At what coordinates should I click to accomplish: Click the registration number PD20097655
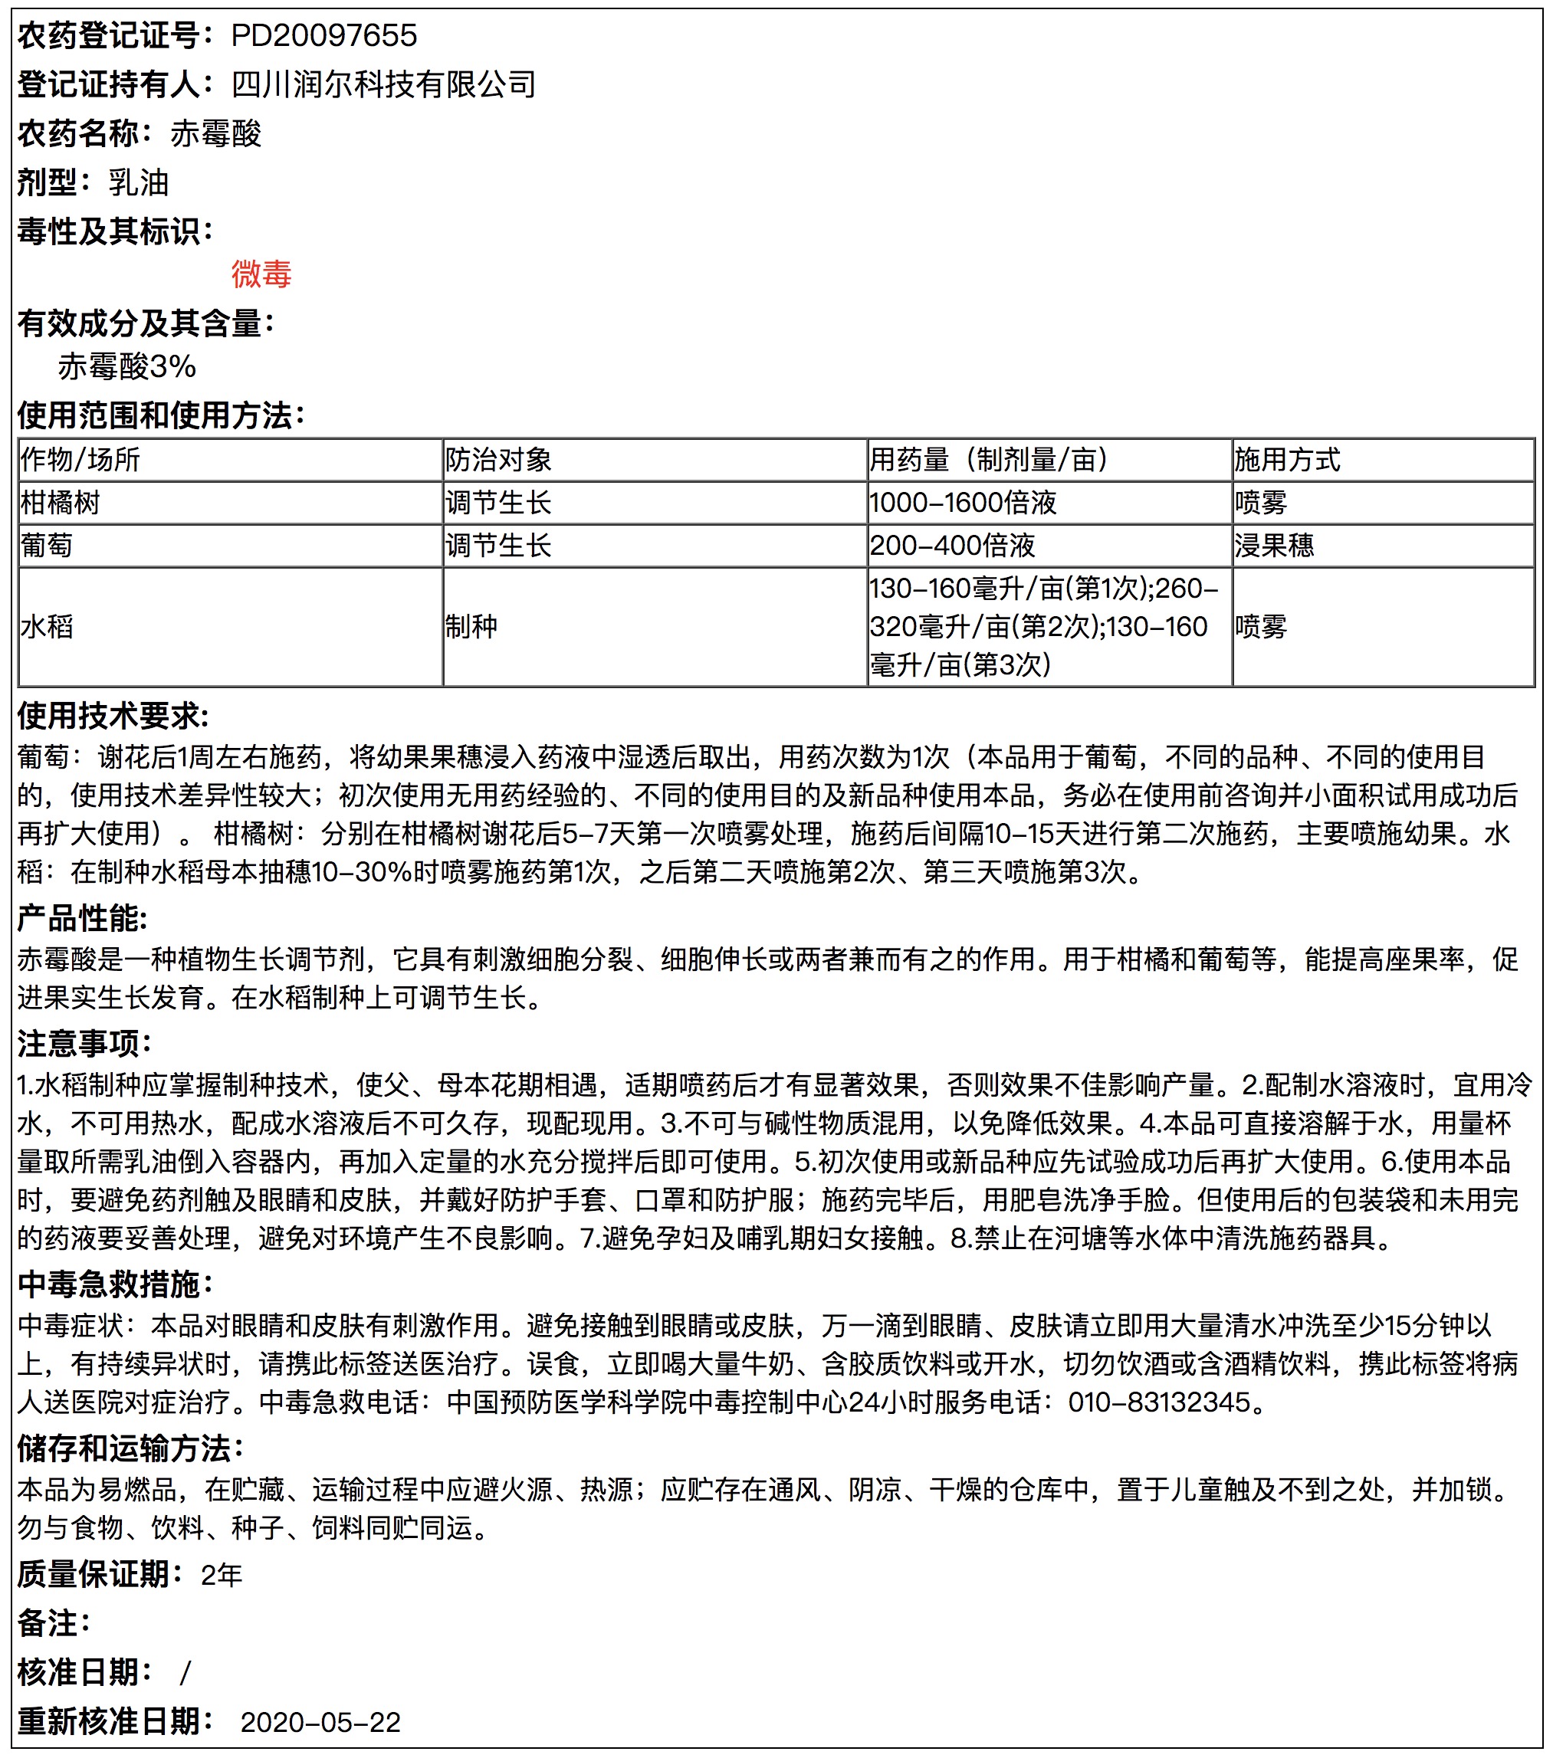pos(323,35)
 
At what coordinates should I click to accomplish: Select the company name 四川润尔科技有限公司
pos(384,84)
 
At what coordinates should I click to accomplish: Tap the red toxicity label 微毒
pos(261,274)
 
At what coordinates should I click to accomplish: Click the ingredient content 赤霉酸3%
pos(127,366)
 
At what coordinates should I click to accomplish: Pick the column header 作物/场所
pos(80,459)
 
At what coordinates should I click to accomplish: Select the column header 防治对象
pos(498,459)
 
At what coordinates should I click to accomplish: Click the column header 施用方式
pos(1286,459)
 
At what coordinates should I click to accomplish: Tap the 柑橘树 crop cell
pos(61,502)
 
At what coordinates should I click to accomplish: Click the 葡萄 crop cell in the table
pos(47,546)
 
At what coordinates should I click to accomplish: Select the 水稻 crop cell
pos(47,626)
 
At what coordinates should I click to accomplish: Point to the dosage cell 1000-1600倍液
pos(963,502)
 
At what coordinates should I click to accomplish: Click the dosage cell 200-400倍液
pos(951,546)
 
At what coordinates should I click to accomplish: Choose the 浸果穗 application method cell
pos(1273,546)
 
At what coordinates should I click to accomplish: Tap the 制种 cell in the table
pos(471,626)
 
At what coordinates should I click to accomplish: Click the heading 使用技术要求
pos(113,716)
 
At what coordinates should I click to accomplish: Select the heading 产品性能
pos(82,919)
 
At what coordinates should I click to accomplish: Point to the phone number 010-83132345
pos(1159,1402)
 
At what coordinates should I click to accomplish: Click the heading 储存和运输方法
pos(129,1448)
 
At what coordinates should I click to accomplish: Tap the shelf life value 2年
pos(221,1575)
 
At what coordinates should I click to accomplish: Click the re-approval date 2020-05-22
pos(320,1722)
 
